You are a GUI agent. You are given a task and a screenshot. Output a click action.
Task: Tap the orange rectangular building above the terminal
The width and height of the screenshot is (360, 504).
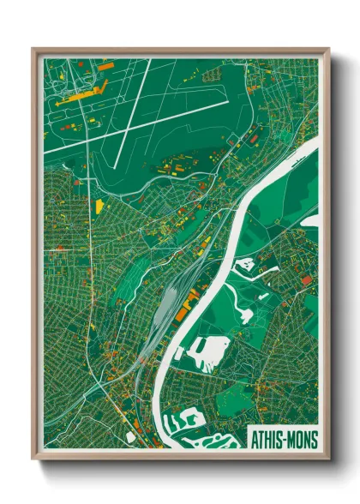pos(105,65)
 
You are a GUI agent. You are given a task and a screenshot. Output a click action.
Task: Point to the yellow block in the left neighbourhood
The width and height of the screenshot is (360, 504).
pos(99,206)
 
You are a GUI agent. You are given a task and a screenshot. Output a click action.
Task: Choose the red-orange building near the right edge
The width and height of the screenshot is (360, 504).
pos(306,279)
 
